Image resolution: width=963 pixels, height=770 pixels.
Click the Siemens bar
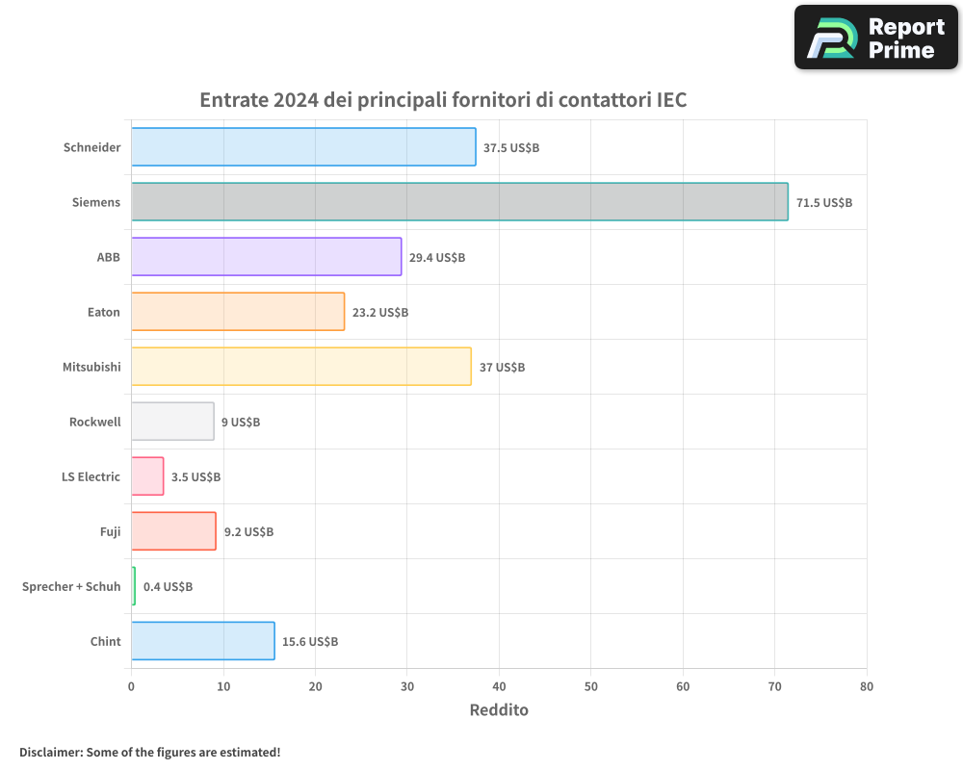(x=459, y=202)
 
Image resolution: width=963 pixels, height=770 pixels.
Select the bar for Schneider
(x=303, y=147)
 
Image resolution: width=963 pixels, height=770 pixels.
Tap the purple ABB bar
(x=266, y=257)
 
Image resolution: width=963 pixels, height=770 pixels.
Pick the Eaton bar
(x=238, y=312)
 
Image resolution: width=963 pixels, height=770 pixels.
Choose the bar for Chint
(x=202, y=641)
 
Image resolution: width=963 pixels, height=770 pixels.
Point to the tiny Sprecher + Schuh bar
(x=134, y=586)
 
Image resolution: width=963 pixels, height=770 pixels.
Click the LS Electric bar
(x=147, y=476)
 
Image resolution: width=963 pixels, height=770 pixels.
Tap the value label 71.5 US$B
(x=823, y=203)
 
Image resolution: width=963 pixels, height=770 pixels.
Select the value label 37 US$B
(x=502, y=368)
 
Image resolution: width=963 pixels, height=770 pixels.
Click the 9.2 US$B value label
(x=248, y=532)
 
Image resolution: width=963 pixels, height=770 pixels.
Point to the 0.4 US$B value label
(x=168, y=587)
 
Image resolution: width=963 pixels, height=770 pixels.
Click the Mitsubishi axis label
(x=91, y=367)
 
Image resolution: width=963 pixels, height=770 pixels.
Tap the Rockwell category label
(x=94, y=422)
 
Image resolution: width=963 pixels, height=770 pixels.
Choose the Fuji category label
(x=110, y=531)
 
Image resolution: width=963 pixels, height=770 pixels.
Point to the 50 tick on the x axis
(x=591, y=686)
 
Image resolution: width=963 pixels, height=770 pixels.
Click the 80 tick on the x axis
(x=867, y=686)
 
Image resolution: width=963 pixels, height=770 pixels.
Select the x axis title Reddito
(x=499, y=710)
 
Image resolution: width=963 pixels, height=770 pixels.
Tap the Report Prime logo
(x=875, y=38)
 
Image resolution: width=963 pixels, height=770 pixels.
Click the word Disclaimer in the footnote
(x=50, y=752)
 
